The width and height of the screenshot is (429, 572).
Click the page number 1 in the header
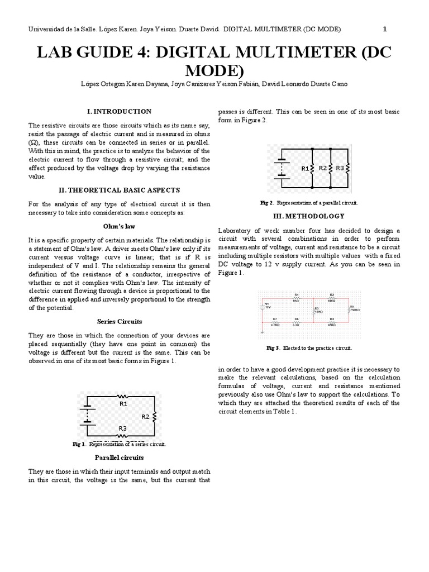point(385,29)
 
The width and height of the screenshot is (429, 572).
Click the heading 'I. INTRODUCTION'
point(120,111)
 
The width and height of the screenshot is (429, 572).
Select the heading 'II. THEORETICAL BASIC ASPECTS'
point(120,190)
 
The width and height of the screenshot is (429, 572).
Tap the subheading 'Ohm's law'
point(120,227)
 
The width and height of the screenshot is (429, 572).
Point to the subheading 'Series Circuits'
point(120,321)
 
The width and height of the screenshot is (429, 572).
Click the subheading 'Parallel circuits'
point(120,457)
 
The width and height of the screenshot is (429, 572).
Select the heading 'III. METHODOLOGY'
point(309,216)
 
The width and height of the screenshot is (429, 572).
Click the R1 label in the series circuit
point(123,402)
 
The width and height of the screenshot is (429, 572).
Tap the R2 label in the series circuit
point(145,416)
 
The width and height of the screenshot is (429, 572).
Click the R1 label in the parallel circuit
point(305,168)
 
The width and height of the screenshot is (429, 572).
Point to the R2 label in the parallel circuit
point(322,168)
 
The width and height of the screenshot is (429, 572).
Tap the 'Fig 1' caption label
point(78,444)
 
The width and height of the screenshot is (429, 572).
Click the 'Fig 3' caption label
point(273,348)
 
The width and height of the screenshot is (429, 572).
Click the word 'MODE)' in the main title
point(214,71)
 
